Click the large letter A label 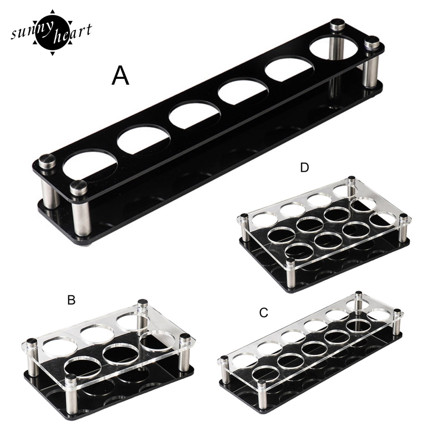pyautogui.click(x=120, y=75)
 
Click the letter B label pyautogui.click(x=71, y=300)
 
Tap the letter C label pyautogui.click(x=264, y=313)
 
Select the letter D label pyautogui.click(x=305, y=167)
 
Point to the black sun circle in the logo pyautogui.click(x=52, y=33)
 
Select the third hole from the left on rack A pyautogui.click(x=194, y=115)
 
